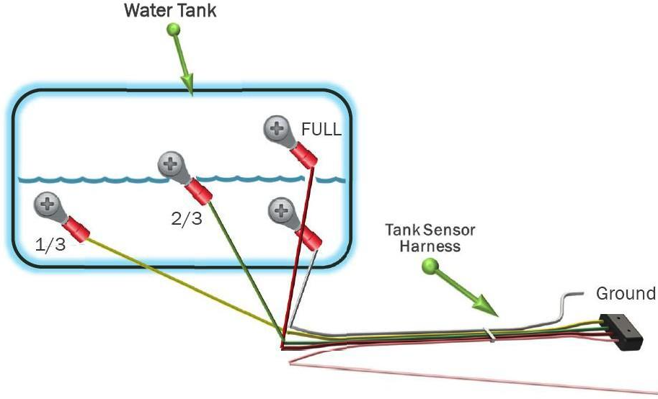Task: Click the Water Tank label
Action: click(x=170, y=11)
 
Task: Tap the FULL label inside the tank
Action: click(x=321, y=130)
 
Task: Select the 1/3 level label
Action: click(x=50, y=245)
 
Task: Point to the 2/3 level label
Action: click(x=187, y=219)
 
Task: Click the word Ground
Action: click(x=626, y=293)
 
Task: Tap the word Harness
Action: click(x=430, y=246)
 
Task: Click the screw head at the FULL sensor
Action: click(x=276, y=128)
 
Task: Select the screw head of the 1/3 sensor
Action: click(x=47, y=205)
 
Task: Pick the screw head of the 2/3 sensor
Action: click(x=170, y=163)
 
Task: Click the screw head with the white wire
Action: click(x=281, y=210)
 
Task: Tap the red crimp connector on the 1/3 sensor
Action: click(x=76, y=229)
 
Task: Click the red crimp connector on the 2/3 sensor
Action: click(x=199, y=192)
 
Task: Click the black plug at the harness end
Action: click(x=621, y=332)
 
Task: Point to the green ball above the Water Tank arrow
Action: click(x=173, y=30)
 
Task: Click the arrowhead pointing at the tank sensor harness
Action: click(x=485, y=305)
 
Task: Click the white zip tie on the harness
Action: click(x=489, y=334)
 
